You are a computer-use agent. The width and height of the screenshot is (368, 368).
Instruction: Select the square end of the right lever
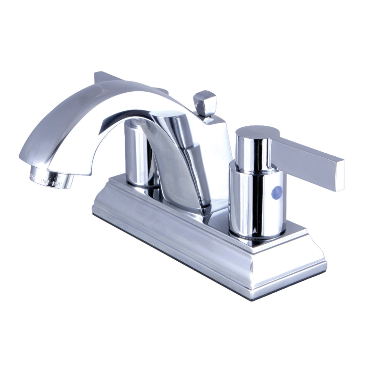[340, 175]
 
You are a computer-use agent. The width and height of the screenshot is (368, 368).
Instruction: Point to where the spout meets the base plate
[191, 208]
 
